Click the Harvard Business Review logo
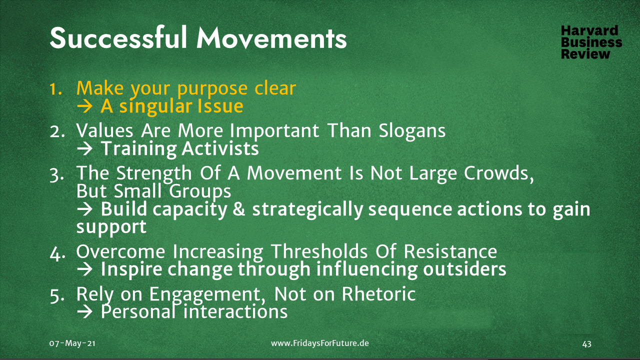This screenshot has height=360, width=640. click(591, 42)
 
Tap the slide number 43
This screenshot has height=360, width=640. click(587, 343)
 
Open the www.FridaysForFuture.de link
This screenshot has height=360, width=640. click(320, 343)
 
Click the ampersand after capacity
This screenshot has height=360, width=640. click(239, 209)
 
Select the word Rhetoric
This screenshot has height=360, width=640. click(378, 294)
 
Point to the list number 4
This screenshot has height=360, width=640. click(56, 252)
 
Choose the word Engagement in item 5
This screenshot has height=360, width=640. click(210, 294)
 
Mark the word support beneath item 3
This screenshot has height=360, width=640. click(111, 226)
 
